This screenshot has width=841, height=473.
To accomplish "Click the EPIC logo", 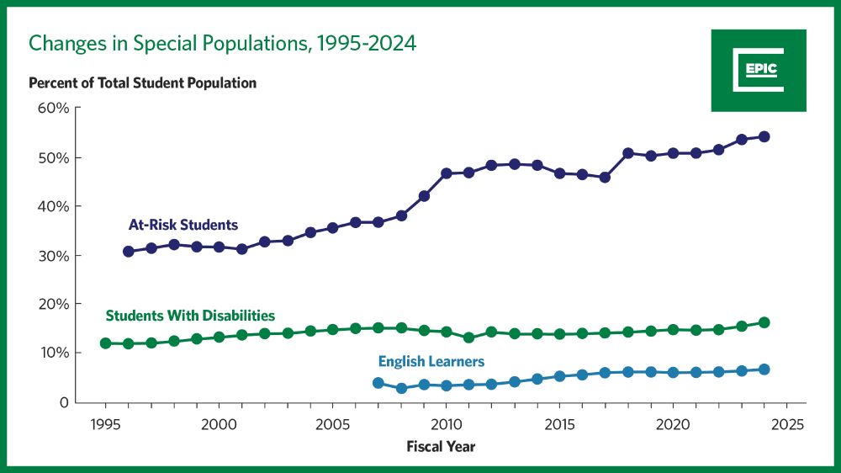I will tap(759, 71).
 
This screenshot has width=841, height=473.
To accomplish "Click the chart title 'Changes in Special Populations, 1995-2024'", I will tap(223, 43).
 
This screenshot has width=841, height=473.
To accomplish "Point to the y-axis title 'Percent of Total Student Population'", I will tap(142, 83).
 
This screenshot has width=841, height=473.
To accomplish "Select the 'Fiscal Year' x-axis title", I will tap(441, 446).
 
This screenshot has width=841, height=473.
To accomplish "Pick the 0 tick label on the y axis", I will tap(62, 402).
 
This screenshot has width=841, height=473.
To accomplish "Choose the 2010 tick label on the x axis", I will tap(446, 423).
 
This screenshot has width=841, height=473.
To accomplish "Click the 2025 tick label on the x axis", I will tap(786, 423).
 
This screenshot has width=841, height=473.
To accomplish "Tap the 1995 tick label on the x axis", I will tap(105, 423).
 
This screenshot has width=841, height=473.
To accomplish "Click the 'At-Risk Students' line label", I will tap(182, 226).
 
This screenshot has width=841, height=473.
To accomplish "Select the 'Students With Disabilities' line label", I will tap(190, 316).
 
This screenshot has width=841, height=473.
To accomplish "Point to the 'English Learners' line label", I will tap(431, 362).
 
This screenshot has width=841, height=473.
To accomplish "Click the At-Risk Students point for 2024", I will tap(764, 136).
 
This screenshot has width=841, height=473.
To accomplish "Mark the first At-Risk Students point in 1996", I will tap(128, 252).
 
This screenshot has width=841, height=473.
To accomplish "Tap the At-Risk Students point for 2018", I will tap(627, 153).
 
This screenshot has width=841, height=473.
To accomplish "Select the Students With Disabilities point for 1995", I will tap(105, 343).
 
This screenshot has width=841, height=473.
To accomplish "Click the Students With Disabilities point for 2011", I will tap(468, 337).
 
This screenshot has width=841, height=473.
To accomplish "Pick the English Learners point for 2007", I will tap(378, 383).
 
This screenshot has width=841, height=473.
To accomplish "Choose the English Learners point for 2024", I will tap(764, 369).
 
